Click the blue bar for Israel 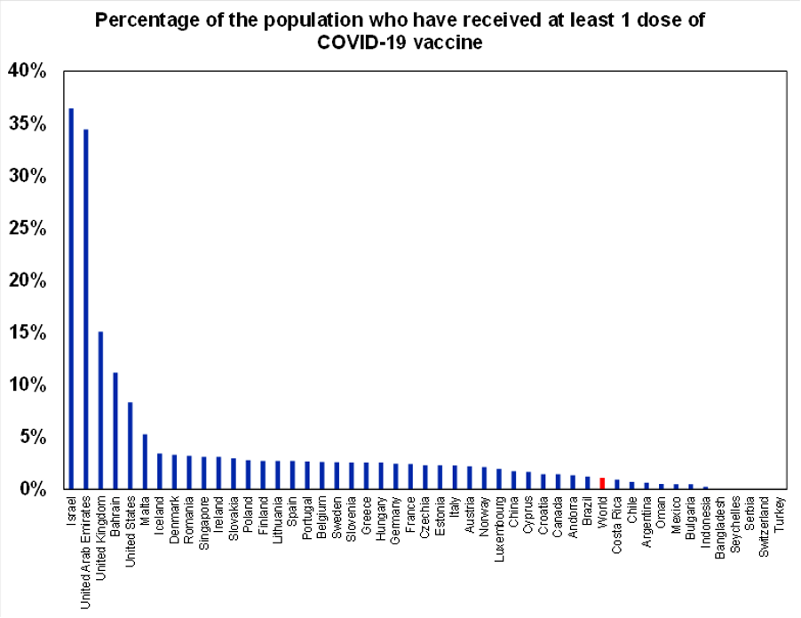coord(71,298)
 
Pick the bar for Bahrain coord(115,431)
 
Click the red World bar coord(602,484)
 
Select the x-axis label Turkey coord(780,512)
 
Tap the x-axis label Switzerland coord(765,527)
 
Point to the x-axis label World coord(602,512)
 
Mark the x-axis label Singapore coord(204,524)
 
